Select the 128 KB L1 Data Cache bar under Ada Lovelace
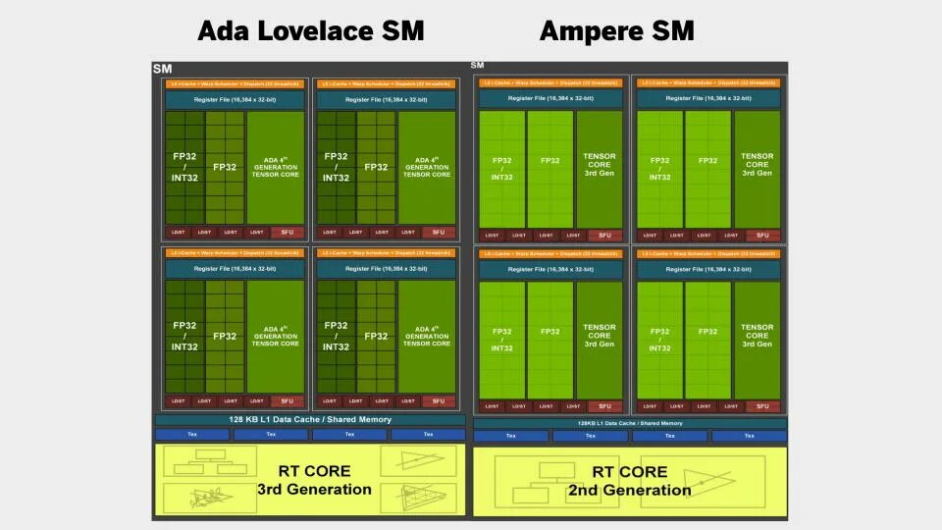click(310, 420)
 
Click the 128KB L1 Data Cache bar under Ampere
click(630, 423)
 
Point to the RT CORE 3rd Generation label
click(314, 480)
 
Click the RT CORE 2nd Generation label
click(630, 481)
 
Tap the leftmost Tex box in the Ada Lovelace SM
click(191, 435)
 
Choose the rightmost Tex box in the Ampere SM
click(749, 437)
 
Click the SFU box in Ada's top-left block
click(287, 233)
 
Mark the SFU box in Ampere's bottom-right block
click(762, 406)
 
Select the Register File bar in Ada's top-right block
click(385, 100)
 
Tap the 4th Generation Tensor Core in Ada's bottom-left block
click(276, 336)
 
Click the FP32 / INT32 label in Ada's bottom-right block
click(336, 336)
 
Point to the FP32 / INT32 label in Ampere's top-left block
click(501, 168)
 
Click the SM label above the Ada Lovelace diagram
click(162, 69)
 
